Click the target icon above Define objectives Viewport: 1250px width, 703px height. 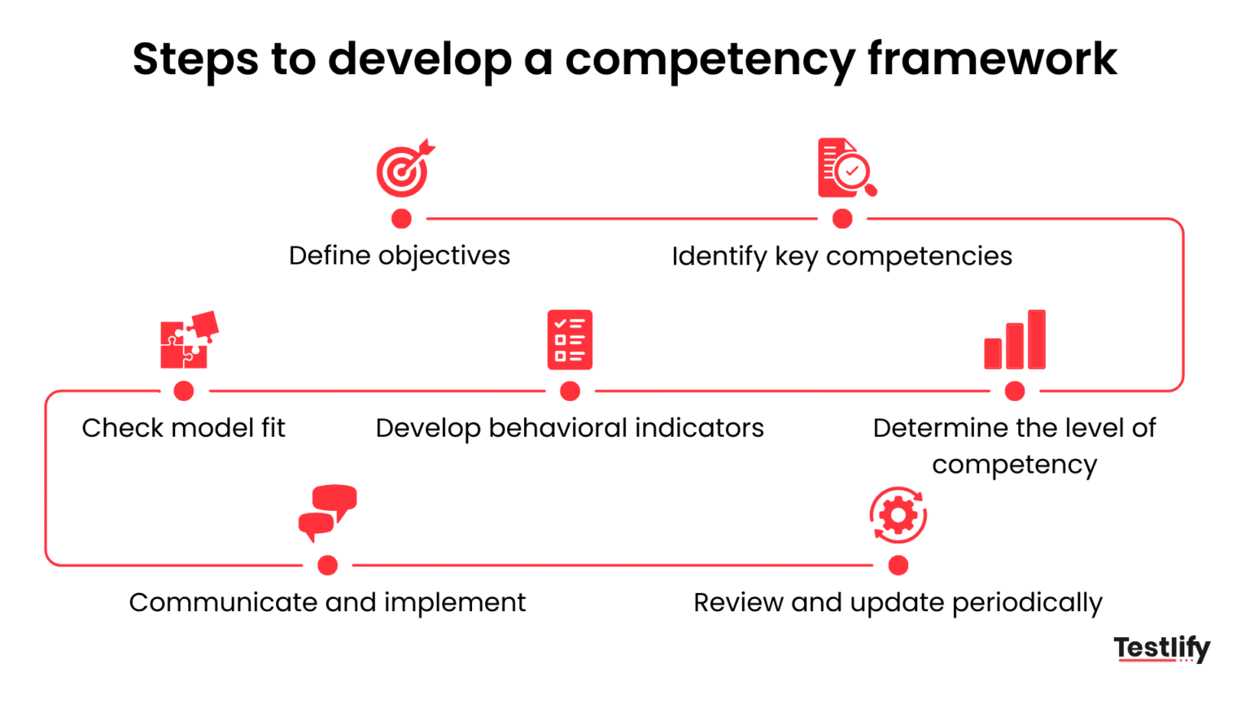pos(404,169)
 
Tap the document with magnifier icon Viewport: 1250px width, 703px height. pos(846,168)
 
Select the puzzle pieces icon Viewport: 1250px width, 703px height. pos(189,339)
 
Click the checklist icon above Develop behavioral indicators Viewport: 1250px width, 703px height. pos(570,339)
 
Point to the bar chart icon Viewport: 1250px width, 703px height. pos(1015,340)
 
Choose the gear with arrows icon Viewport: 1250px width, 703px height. pos(898,515)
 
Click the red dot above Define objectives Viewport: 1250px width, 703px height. pos(401,219)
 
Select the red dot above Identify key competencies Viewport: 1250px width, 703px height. pos(842,219)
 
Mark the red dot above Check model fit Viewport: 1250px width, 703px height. pos(184,391)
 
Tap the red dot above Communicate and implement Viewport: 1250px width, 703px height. pos(328,565)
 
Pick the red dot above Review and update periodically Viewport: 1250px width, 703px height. pos(898,565)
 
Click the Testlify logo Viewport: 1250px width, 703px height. pos(1161,648)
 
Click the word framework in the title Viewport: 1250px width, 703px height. pos(992,59)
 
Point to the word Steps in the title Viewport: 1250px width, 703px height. pos(195,59)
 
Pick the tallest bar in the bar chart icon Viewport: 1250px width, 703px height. pos(1037,339)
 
